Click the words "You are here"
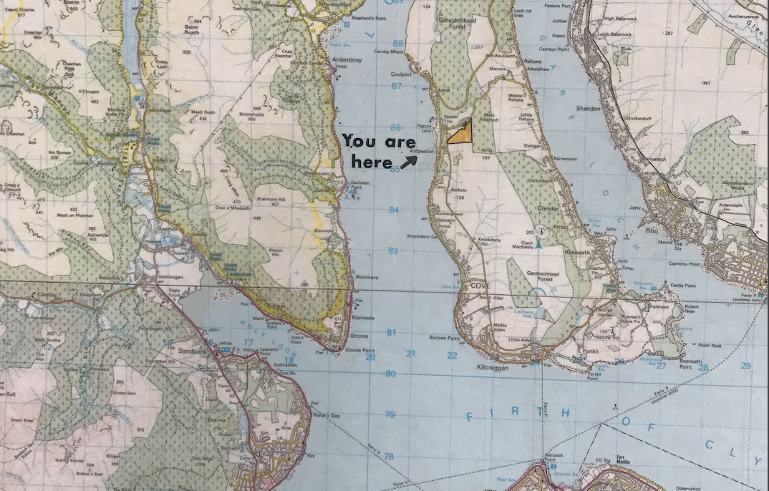pyautogui.click(x=378, y=151)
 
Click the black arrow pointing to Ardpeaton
pyautogui.click(x=409, y=162)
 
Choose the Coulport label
pyautogui.click(x=403, y=73)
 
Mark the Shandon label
pyautogui.click(x=588, y=109)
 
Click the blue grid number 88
pyautogui.click(x=397, y=44)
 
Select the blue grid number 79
pyautogui.click(x=390, y=414)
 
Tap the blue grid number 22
pyautogui.click(x=452, y=355)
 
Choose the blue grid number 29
pyautogui.click(x=746, y=366)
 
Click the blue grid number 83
pyautogui.click(x=393, y=251)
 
